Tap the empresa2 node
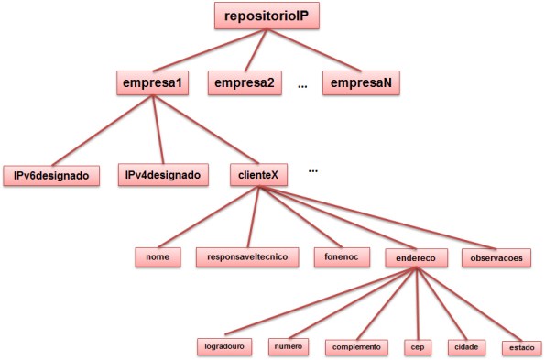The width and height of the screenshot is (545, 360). point(244,84)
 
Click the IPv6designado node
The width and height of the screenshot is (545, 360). point(50,174)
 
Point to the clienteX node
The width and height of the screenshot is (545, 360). point(258,174)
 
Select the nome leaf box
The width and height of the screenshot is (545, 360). point(158,257)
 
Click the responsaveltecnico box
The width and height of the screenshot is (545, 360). point(247,257)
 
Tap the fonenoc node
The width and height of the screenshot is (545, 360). point(340,257)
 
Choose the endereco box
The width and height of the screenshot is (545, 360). point(417,257)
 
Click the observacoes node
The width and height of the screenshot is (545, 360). point(496,257)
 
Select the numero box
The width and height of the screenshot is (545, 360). point(290,347)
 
